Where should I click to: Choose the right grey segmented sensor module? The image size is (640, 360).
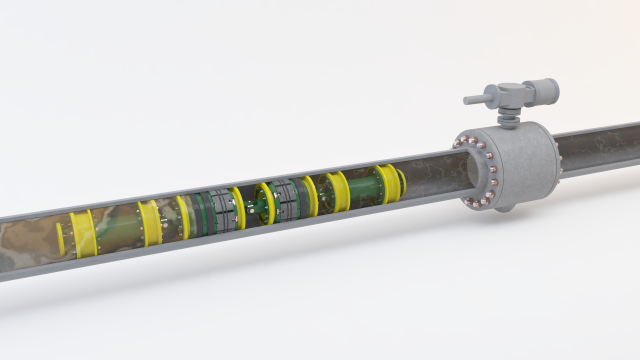point(288,198)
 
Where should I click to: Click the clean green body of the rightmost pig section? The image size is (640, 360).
point(361,188)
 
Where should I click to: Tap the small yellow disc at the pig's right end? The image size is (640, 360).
point(401,180)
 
